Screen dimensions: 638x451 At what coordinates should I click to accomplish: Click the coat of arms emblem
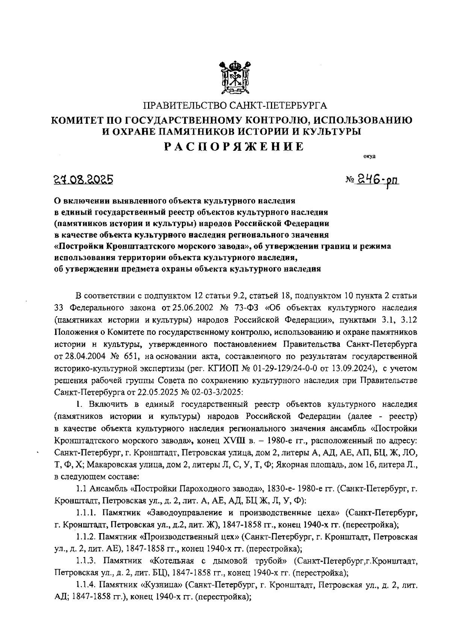[235, 77]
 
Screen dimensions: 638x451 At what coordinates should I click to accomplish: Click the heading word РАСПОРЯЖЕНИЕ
[235, 146]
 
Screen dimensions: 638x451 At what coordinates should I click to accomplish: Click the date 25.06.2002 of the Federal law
[189, 308]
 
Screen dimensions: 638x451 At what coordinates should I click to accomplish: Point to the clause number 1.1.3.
[86, 561]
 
